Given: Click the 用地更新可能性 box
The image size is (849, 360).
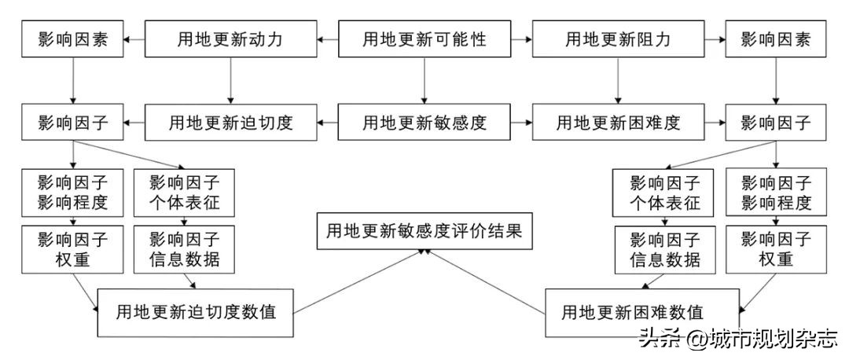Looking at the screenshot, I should pyautogui.click(x=424, y=39).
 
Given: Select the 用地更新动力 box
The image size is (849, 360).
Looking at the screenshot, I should pyautogui.click(x=230, y=39).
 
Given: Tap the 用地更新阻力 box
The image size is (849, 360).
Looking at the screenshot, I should pyautogui.click(x=618, y=39).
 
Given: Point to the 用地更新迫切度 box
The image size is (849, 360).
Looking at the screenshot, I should pyautogui.click(x=230, y=122).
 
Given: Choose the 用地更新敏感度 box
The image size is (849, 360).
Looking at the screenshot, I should pyautogui.click(x=424, y=122).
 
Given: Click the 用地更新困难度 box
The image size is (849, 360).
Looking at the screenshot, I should pyautogui.click(x=618, y=122).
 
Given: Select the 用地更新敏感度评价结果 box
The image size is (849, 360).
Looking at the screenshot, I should pyautogui.click(x=424, y=231).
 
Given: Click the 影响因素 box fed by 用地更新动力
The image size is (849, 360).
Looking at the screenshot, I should pyautogui.click(x=72, y=39).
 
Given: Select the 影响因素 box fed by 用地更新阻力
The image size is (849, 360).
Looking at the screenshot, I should pyautogui.click(x=776, y=39).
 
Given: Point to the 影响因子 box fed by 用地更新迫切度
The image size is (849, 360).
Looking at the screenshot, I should pyautogui.click(x=72, y=122).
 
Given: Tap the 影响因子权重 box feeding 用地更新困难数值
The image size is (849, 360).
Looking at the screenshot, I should pyautogui.click(x=776, y=249).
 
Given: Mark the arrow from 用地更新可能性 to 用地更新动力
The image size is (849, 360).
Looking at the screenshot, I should pyautogui.click(x=329, y=39).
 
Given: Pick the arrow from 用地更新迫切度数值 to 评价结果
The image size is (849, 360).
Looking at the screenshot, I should pyautogui.click(x=362, y=280).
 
